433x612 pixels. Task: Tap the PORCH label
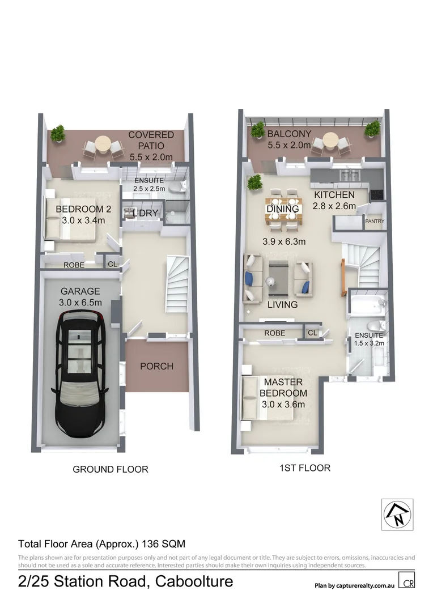[x=156, y=366]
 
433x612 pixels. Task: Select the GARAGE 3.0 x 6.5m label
[x=80, y=297]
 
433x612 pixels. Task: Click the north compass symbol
[x=397, y=515]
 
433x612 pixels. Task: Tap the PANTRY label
[x=375, y=221]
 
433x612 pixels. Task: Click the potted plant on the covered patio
[x=57, y=134]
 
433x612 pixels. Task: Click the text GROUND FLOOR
[x=111, y=469]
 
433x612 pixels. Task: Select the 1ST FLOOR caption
[x=305, y=468]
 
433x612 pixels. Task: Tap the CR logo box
[x=406, y=582]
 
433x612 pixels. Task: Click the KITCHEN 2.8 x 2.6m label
[x=334, y=201]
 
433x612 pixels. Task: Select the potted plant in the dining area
[x=254, y=182]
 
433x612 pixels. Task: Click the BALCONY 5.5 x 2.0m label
[x=289, y=139]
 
